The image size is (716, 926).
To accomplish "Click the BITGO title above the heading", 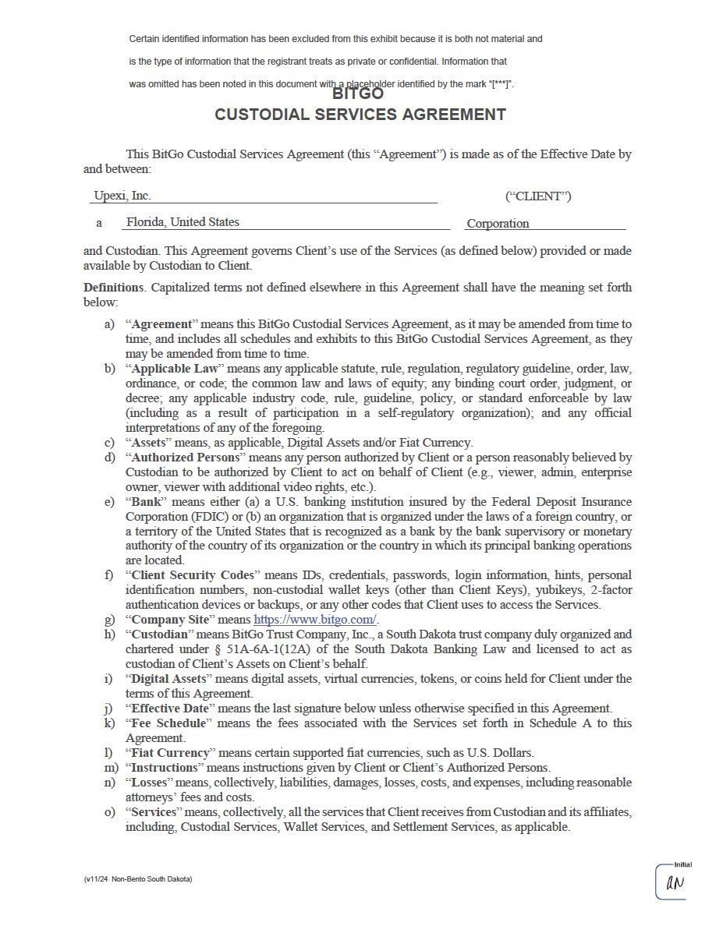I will click(358, 94).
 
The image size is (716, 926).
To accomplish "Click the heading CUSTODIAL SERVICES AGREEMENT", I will click(360, 115).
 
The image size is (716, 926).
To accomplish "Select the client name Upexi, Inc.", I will click(122, 196).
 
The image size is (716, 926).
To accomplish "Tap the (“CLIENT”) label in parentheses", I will click(538, 196).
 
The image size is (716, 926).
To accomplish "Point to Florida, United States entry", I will click(183, 222).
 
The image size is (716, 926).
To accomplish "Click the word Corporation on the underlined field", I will click(498, 224).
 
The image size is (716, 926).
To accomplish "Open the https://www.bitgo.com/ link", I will click(315, 620).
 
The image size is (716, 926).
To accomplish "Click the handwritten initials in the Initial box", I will click(675, 883).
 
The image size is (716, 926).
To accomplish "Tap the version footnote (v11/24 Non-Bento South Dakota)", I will click(138, 879).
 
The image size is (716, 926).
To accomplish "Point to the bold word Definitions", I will click(113, 288).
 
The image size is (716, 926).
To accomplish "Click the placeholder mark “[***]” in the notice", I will click(500, 84).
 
